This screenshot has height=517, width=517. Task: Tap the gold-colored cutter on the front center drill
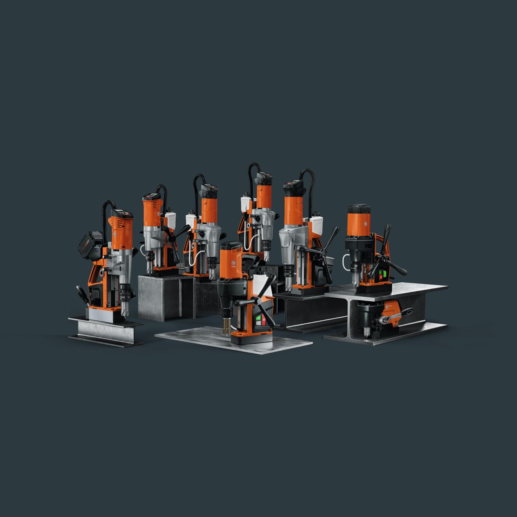coord(227,326)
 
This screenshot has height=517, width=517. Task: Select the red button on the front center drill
coord(263,321)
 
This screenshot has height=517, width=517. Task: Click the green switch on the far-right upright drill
coord(385,274)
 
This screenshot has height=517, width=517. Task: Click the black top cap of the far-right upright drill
coord(359,209)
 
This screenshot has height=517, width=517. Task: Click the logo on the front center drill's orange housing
coord(233,263)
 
